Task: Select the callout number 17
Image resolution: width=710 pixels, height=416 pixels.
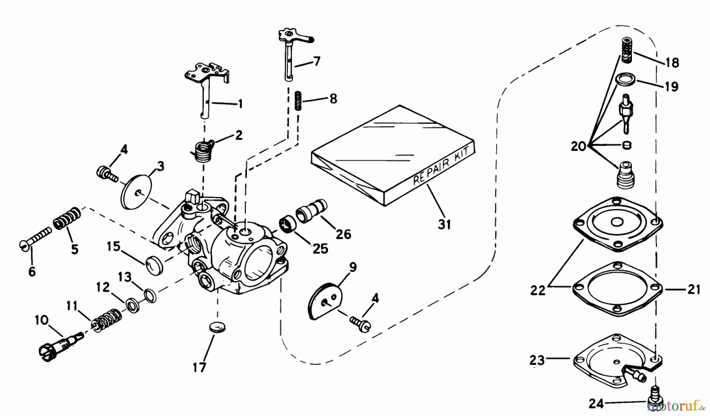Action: (x=200, y=367)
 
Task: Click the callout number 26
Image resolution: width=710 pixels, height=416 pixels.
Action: (x=343, y=235)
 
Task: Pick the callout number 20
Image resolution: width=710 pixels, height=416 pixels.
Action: (x=579, y=147)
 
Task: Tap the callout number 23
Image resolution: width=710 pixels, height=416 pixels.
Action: (x=537, y=360)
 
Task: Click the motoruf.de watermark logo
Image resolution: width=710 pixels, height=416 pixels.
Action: (x=678, y=407)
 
